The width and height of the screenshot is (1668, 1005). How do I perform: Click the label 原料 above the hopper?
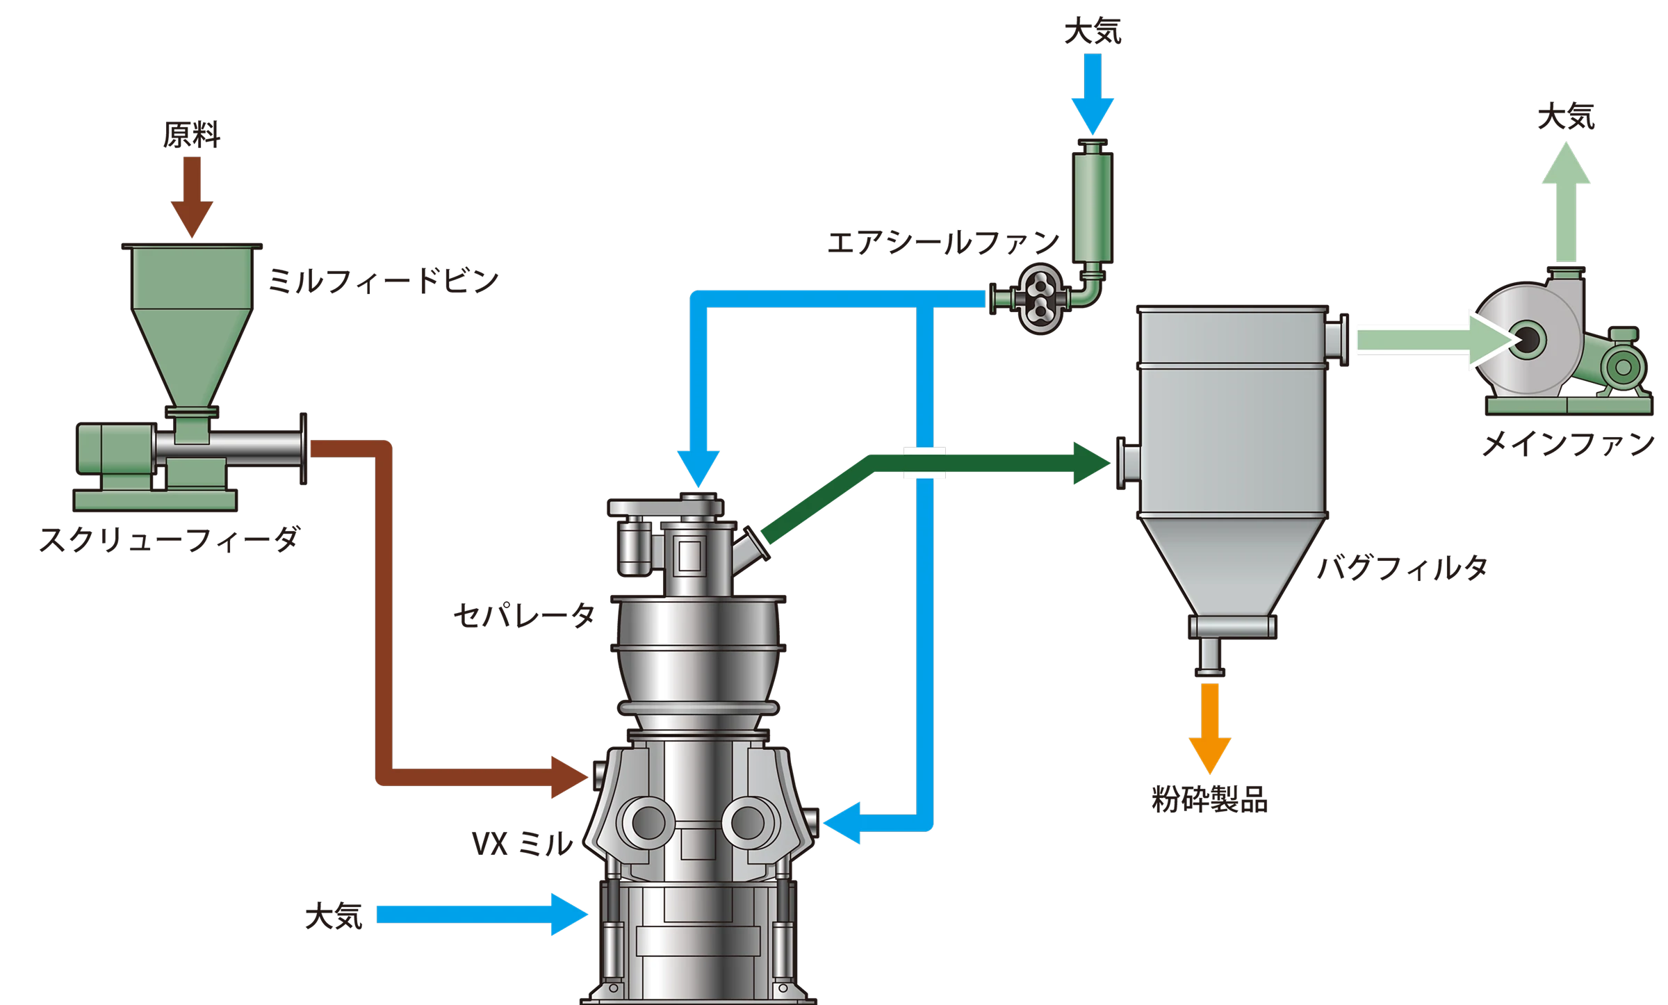point(192,135)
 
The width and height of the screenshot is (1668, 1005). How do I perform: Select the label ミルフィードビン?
point(384,281)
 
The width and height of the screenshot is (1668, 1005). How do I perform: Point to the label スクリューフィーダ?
point(170,540)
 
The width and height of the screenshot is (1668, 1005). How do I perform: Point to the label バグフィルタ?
point(1403,568)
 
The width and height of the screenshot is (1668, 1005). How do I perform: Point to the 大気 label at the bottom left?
point(334,917)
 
